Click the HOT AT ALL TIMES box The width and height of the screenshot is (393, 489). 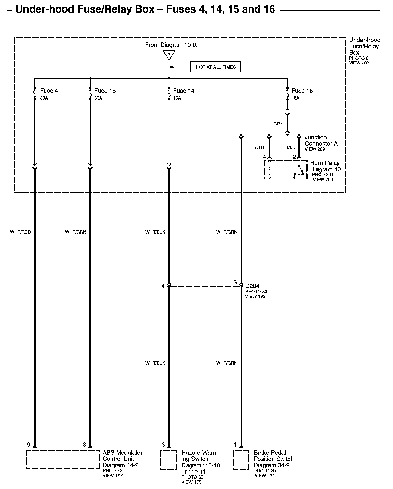point(215,67)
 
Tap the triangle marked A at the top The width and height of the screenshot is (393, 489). point(169,55)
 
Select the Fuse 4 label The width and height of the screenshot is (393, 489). point(49,91)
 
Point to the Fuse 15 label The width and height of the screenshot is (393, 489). point(105,91)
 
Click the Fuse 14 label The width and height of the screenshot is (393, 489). point(183,91)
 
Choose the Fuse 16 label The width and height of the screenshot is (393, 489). point(302,91)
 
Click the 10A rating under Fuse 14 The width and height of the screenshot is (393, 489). point(177,98)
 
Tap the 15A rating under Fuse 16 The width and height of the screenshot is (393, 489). point(295,98)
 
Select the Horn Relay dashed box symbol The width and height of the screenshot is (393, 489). point(286,170)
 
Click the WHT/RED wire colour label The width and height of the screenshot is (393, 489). point(21,232)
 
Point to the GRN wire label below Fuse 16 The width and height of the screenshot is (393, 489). point(278,124)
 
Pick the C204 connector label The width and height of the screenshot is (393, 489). point(252,286)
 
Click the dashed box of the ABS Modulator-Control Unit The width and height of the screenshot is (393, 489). point(63,459)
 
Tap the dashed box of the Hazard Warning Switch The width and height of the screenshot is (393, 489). point(168,460)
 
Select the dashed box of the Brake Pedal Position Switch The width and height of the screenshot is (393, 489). point(241,460)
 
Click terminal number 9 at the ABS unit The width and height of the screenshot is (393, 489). point(29,445)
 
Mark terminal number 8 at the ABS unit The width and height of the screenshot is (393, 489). point(84,445)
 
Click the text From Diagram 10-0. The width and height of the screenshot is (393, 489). point(171,45)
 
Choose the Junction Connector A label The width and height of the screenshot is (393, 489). point(321,140)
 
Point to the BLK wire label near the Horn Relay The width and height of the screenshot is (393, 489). point(291,147)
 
